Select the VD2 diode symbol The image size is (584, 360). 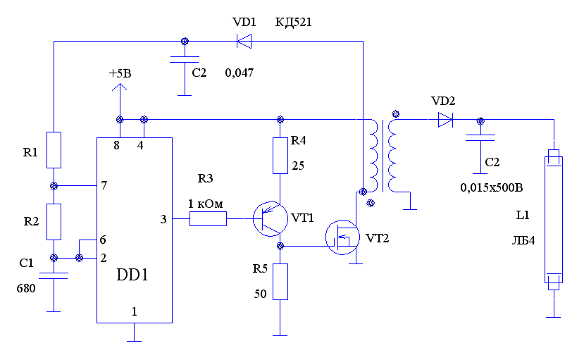coord(445,120)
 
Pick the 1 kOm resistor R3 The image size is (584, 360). coord(208,220)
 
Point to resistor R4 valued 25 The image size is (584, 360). coord(281,156)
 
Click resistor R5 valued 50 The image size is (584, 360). coord(281,282)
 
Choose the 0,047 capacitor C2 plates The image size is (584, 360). coord(185,61)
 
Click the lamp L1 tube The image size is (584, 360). coord(554,218)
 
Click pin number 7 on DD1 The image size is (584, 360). coord(104,186)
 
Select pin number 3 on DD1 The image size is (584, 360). coord(163,220)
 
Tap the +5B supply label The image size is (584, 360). coord(120,73)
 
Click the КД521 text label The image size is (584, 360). coord(293,23)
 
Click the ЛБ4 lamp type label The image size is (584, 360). coord(523,240)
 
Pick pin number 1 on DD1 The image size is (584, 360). coord(134,311)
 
